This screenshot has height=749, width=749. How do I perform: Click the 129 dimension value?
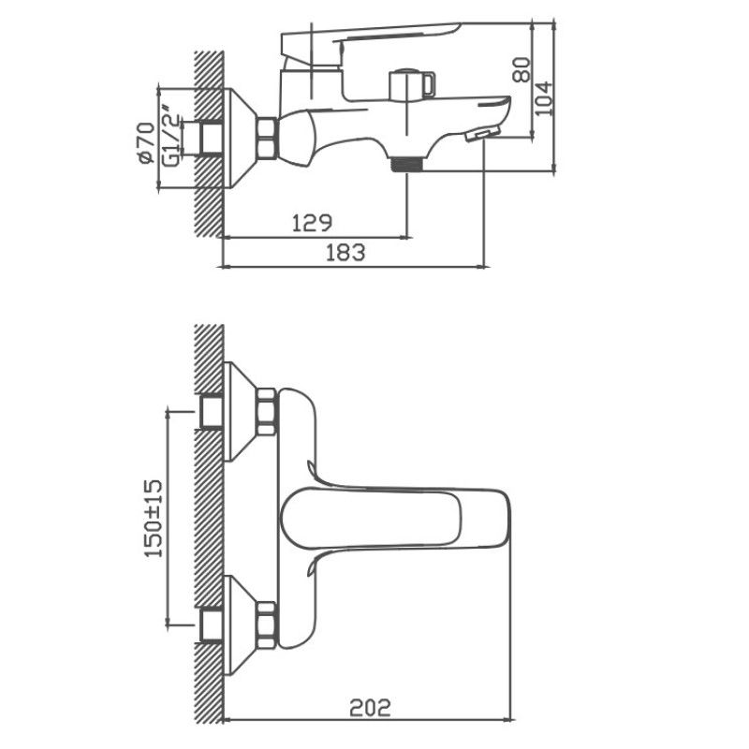pos(312,222)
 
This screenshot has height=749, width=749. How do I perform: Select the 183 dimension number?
pos(345,251)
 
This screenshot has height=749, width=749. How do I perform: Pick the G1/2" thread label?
pos(171,140)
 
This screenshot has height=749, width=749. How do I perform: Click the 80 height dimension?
pos(522,69)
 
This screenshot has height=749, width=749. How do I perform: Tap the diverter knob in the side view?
pos(412,85)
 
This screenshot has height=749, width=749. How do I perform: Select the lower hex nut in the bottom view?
pos(266,623)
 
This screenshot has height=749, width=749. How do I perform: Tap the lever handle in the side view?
pos(374,42)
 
